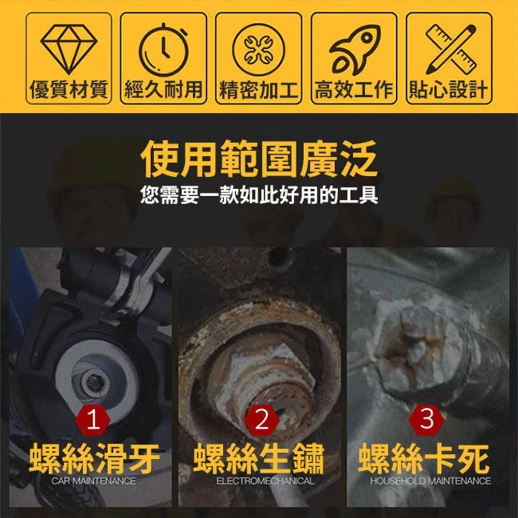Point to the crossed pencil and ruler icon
coord(451,49)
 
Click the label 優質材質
coord(69,90)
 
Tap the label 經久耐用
coord(164,90)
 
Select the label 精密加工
coord(258,90)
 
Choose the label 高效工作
coord(354,90)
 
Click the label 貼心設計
coord(448,90)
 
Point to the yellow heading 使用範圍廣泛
coord(259,159)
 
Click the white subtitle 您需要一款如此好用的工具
coord(259,195)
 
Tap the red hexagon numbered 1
coord(93,420)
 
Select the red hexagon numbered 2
coord(262,420)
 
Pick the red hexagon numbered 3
coord(426,420)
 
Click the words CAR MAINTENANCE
coord(93,481)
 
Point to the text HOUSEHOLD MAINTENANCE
coord(430,481)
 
